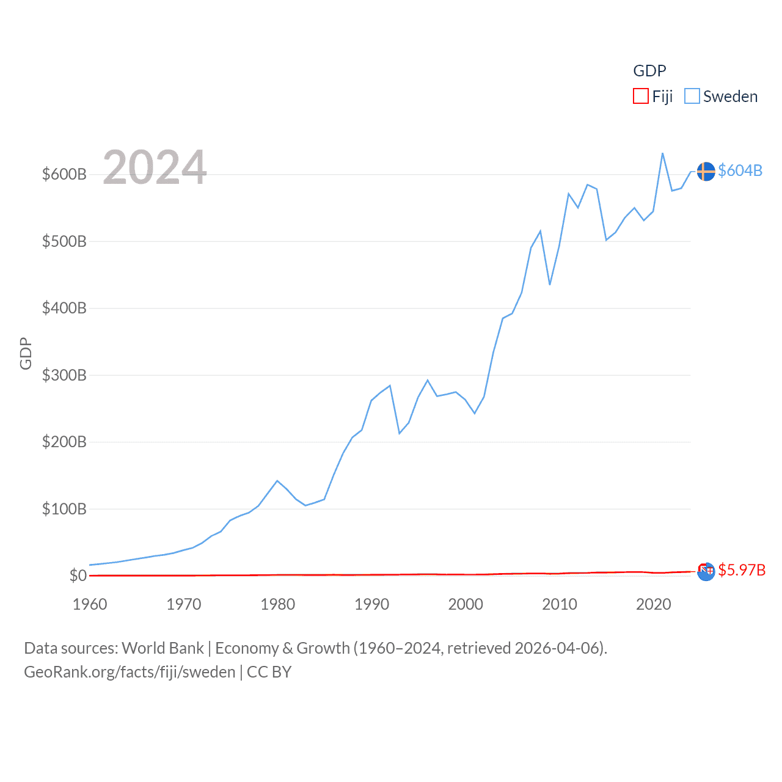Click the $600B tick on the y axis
tap(64, 174)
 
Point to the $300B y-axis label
tap(64, 375)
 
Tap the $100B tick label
tap(64, 509)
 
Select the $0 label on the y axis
tap(78, 576)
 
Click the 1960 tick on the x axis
tap(90, 604)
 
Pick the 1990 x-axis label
tap(371, 604)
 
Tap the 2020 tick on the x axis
tap(653, 604)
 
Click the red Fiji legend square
tap(640, 97)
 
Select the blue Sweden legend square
tap(692, 97)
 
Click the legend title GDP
tap(649, 71)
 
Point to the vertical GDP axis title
tap(26, 353)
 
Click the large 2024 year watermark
tap(155, 167)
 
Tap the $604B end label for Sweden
tap(740, 170)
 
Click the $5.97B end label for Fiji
tap(741, 570)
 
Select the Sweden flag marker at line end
tap(706, 172)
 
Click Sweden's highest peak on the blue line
tap(662, 153)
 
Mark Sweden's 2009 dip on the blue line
tap(550, 284)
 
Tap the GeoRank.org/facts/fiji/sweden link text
tap(130, 672)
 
